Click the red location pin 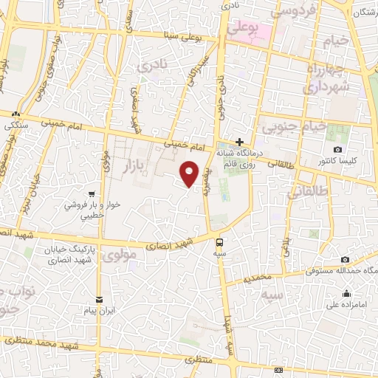[190, 173]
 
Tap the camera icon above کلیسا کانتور [338, 149]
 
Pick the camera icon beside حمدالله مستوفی [346, 259]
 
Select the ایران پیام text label [100, 311]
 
